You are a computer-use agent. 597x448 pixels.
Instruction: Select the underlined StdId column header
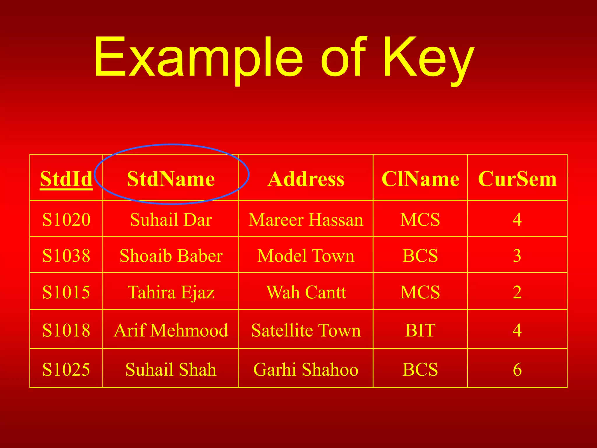pyautogui.click(x=66, y=179)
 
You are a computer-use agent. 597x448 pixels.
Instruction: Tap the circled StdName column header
pyautogui.click(x=171, y=179)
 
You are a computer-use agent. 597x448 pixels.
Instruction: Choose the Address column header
pyautogui.click(x=306, y=179)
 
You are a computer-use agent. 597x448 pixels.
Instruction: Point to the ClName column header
pyautogui.click(x=420, y=179)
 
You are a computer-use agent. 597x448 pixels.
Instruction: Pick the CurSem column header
pyautogui.click(x=517, y=179)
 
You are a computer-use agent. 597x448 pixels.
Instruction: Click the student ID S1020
pyautogui.click(x=66, y=219)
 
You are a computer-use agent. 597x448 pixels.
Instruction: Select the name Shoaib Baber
pyautogui.click(x=171, y=256)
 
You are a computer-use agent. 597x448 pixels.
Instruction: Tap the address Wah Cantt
pyautogui.click(x=306, y=292)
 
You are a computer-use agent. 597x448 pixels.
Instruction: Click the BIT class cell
pyautogui.click(x=420, y=330)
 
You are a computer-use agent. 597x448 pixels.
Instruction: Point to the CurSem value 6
pyautogui.click(x=517, y=369)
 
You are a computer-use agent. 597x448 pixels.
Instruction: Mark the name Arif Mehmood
pyautogui.click(x=171, y=330)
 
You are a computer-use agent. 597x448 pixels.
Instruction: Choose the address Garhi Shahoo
pyautogui.click(x=306, y=369)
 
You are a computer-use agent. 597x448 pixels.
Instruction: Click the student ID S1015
pyautogui.click(x=66, y=292)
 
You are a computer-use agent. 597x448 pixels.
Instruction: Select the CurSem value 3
pyautogui.click(x=517, y=256)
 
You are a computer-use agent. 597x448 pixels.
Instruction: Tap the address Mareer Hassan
pyautogui.click(x=306, y=219)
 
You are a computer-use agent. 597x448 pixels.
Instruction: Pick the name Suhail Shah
pyautogui.click(x=171, y=369)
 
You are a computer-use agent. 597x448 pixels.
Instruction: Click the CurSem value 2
pyautogui.click(x=517, y=292)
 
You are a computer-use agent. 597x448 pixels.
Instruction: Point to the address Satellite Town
pyautogui.click(x=306, y=330)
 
